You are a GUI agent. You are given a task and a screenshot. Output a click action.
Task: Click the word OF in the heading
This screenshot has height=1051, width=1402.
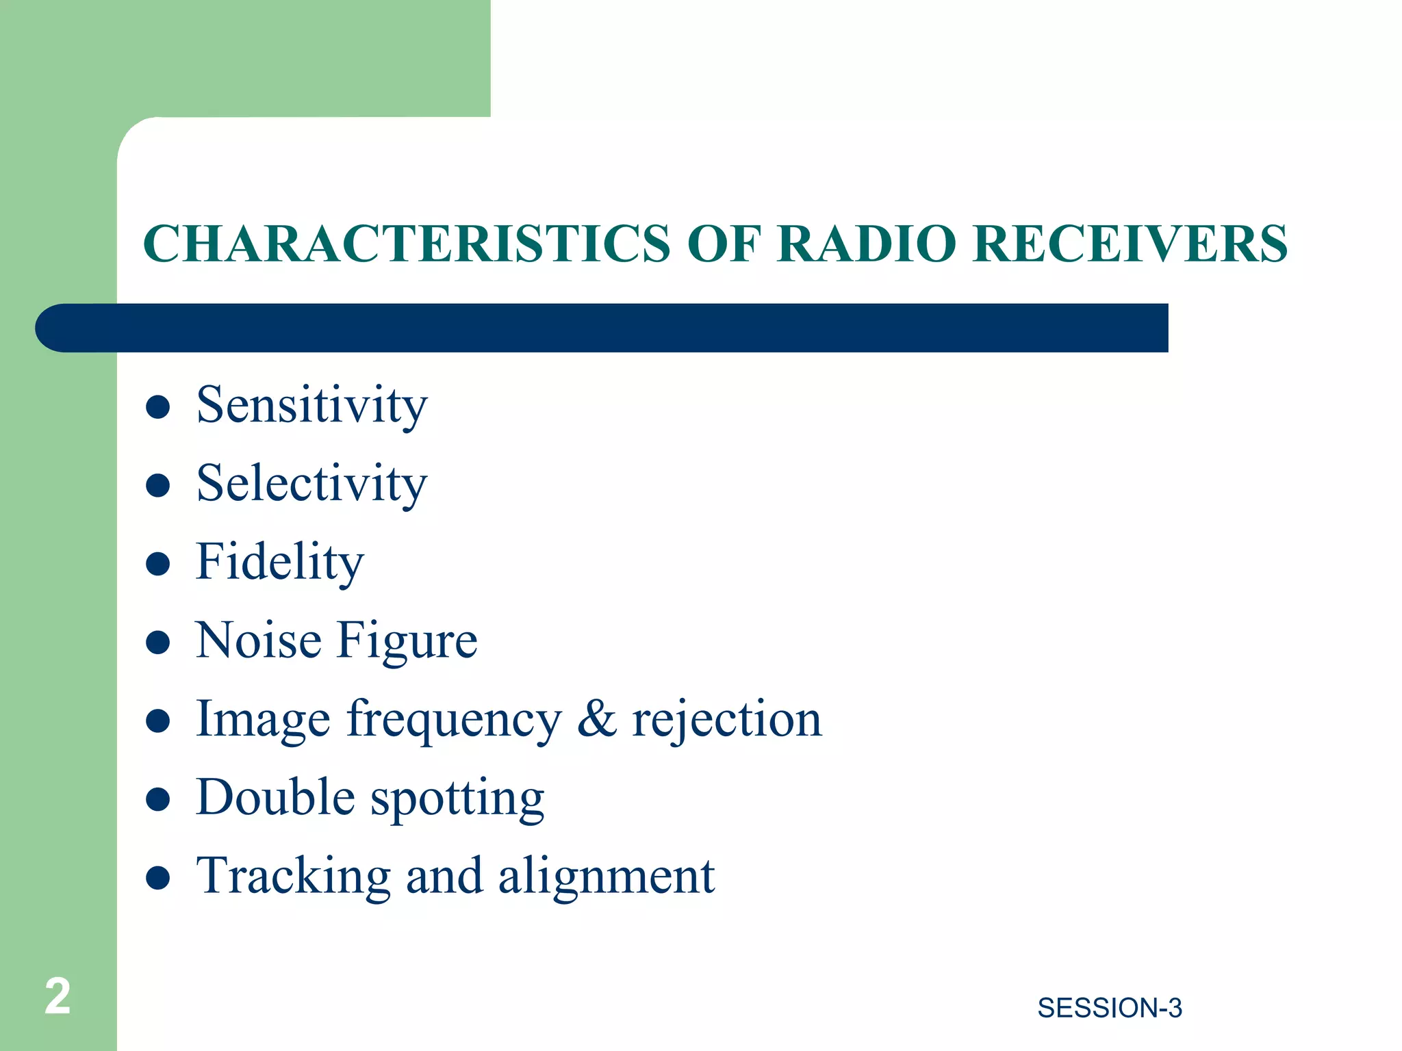(724, 244)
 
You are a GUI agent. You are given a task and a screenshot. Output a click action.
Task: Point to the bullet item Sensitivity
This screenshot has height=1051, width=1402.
(311, 406)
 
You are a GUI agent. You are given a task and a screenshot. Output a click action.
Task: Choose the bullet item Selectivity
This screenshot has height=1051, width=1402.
(311, 484)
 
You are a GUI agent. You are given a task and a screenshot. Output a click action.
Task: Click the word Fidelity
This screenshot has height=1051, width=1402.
(279, 562)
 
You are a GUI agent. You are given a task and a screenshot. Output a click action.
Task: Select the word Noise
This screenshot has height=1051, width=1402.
(258, 640)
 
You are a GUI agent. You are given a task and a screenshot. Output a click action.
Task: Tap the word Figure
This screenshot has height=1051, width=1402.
(407, 642)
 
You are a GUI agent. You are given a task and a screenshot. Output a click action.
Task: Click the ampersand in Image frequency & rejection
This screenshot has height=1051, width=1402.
(596, 719)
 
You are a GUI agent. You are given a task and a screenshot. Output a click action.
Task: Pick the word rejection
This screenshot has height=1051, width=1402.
(726, 721)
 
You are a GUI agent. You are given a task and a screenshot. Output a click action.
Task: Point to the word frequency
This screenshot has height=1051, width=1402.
(454, 721)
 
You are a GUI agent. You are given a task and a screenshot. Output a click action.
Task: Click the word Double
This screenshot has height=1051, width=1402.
(275, 797)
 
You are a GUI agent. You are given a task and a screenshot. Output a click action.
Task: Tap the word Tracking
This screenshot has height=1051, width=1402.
(293, 877)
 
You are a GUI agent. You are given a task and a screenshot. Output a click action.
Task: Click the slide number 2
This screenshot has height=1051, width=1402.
(58, 996)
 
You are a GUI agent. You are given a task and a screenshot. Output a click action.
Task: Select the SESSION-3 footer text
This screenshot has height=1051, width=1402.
(1109, 1008)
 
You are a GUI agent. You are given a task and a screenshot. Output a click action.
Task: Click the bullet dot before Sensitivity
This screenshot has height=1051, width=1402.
(158, 407)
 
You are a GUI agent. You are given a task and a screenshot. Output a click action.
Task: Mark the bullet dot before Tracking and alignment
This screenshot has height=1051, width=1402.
(158, 877)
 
